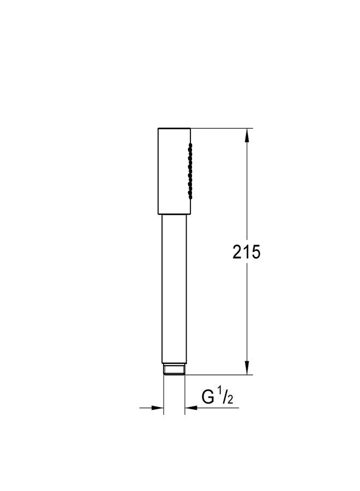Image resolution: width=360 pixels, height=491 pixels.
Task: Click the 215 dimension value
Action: click(x=247, y=252)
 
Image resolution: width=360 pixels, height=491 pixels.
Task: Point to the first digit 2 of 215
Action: click(x=237, y=252)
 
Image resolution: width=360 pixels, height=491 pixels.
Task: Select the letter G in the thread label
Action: click(x=208, y=397)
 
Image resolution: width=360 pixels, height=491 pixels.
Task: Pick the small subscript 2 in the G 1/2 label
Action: click(x=231, y=400)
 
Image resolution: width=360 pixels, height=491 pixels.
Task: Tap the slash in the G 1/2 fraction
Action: click(x=226, y=397)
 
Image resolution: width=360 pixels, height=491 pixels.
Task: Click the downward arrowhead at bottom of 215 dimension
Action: click(x=247, y=368)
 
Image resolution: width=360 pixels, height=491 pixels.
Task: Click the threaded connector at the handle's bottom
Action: click(x=175, y=369)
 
